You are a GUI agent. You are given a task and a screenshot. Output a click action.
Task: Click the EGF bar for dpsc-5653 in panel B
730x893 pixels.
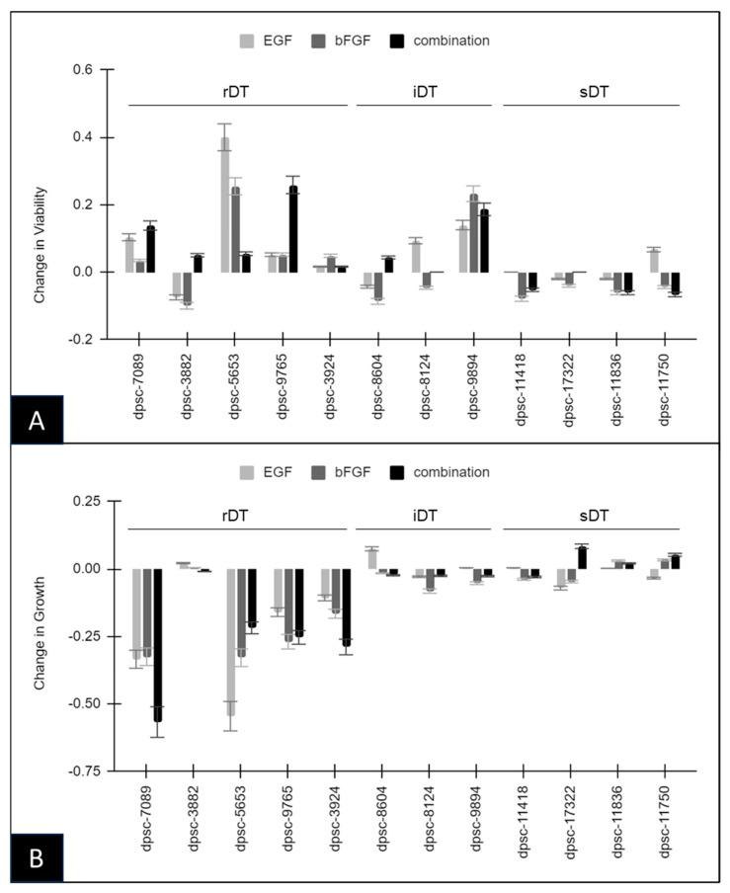point(230,642)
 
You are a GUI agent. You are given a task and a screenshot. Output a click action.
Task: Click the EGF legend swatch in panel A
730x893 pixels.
point(250,41)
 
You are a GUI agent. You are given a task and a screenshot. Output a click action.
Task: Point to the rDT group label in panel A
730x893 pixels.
point(235,91)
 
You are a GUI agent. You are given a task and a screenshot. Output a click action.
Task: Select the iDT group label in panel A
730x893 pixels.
point(426,91)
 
